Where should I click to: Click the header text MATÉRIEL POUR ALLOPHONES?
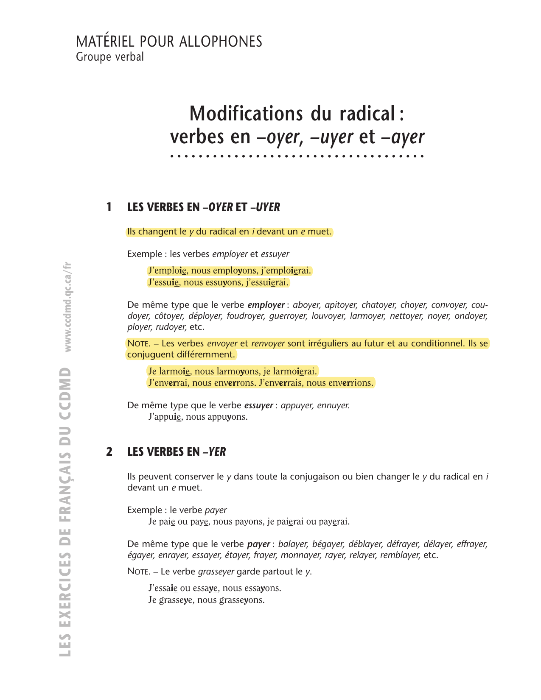point(169,42)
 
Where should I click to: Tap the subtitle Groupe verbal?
point(109,56)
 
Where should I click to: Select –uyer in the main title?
point(332,137)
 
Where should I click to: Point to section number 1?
point(109,207)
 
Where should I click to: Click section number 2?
point(109,452)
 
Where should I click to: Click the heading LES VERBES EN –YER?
point(176,452)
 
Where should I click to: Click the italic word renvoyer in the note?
point(268,343)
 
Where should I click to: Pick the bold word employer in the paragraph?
point(266,305)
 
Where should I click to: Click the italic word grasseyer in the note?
point(216,572)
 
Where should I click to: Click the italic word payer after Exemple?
point(216,510)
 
